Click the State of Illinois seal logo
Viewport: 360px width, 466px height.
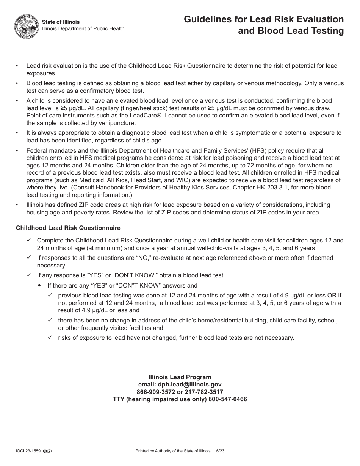27,26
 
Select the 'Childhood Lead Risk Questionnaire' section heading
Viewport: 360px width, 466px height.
68,228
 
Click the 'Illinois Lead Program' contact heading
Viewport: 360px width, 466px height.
180,377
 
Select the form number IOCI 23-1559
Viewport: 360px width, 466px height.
28,451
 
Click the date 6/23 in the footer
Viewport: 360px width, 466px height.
220,451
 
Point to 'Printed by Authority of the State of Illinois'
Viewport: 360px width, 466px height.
173,451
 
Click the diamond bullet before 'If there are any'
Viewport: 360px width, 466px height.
39,285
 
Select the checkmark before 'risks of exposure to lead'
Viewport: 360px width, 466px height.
50,337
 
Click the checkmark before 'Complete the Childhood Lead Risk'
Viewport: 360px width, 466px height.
29,240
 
